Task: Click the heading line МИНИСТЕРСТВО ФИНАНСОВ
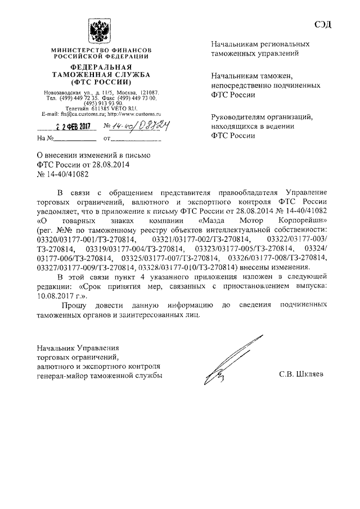click(x=100, y=51)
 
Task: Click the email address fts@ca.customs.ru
click(x=74, y=114)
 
